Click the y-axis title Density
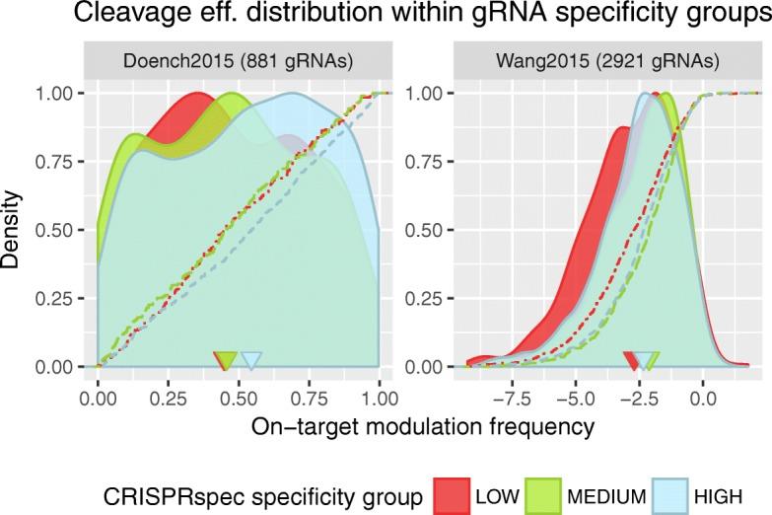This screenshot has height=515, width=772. pos(14,229)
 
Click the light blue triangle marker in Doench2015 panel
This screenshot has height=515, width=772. pos(251,360)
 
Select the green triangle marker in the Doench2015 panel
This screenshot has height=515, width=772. pos(227,360)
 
